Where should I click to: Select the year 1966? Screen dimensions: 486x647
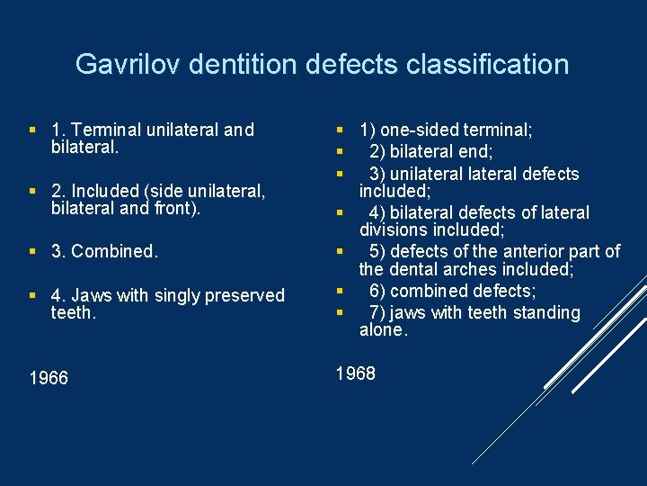(x=49, y=378)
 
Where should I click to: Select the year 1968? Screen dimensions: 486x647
(x=355, y=373)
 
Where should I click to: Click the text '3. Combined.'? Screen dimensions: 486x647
(x=105, y=251)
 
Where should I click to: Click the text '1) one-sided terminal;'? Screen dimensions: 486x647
(x=446, y=130)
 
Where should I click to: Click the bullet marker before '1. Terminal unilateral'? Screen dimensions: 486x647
(x=33, y=130)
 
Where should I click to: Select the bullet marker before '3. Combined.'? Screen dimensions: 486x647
(x=33, y=251)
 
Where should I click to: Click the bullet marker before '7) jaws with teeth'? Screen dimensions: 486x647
(x=341, y=312)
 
